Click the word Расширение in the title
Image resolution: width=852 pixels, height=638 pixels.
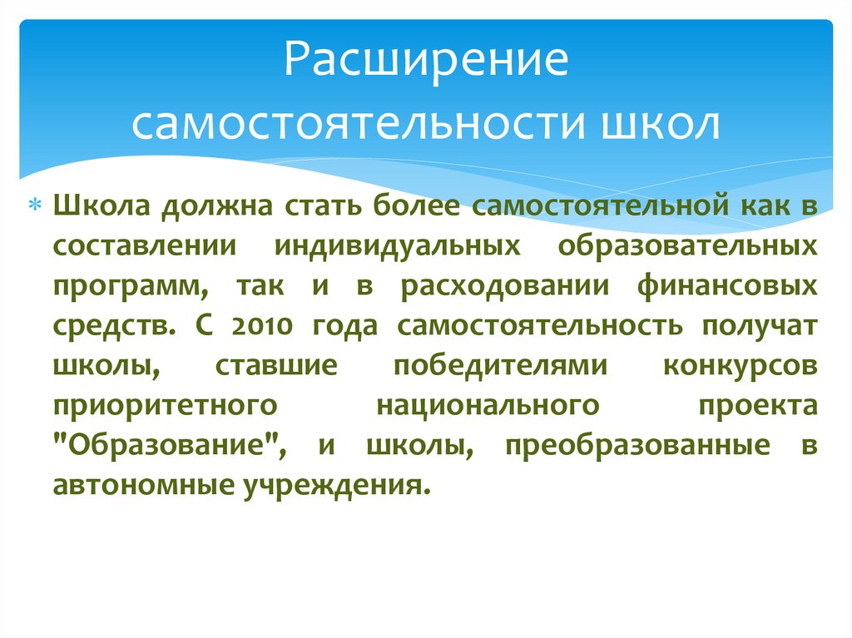click(425, 64)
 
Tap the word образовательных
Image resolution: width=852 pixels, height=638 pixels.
click(688, 247)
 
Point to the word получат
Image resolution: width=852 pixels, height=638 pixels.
click(759, 326)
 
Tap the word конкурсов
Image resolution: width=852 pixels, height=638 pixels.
click(741, 366)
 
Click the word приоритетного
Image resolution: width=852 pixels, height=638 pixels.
click(164, 405)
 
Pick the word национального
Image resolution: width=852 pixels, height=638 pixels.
click(488, 405)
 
